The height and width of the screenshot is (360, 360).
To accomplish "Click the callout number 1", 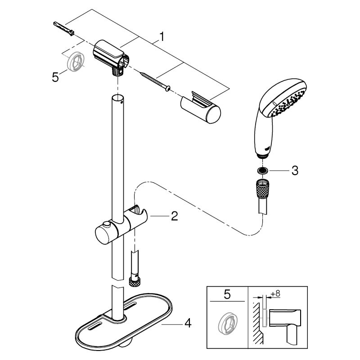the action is click(162, 37).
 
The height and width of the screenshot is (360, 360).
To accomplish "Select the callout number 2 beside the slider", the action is click(175, 216).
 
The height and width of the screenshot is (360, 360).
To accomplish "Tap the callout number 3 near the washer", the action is click(295, 171).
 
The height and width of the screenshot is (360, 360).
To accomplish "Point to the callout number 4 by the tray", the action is click(188, 324).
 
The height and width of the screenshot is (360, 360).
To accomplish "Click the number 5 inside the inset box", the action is click(227, 295).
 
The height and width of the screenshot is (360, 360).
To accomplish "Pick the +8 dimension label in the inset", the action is click(275, 294).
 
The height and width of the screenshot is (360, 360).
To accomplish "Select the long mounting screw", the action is click(155, 81).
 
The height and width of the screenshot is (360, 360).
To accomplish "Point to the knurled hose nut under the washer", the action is click(262, 188).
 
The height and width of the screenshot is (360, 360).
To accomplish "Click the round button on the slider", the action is click(107, 224).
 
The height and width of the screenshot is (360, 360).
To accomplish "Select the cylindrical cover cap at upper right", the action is click(200, 107).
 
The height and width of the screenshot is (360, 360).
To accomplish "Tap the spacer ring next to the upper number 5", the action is click(76, 61).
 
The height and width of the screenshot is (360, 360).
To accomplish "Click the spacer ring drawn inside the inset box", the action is click(228, 324).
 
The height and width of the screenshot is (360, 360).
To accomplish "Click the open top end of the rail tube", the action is click(118, 97).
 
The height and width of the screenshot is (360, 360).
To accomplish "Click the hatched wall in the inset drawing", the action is click(257, 323).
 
